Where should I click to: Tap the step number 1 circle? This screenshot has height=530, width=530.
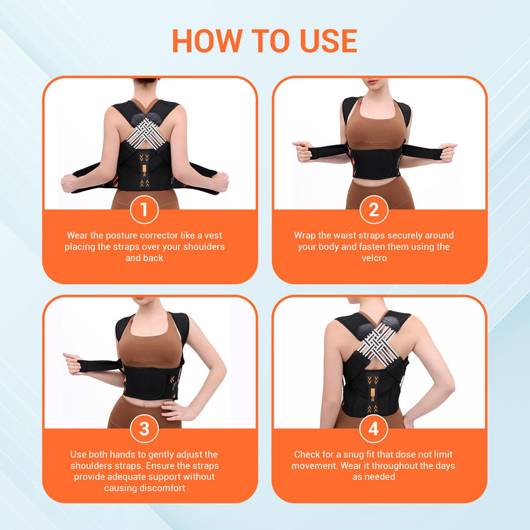(144, 211)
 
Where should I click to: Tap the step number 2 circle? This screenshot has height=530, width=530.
(374, 211)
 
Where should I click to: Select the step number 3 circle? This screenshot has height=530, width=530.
(144, 429)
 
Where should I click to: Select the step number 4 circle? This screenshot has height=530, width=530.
(374, 429)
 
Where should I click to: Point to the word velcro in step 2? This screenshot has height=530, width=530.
(374, 258)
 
